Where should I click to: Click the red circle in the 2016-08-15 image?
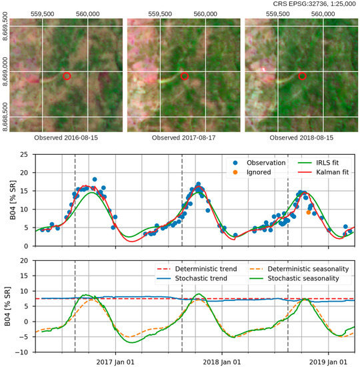67,77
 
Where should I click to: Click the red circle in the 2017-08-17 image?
185,77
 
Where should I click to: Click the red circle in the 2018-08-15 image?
302,76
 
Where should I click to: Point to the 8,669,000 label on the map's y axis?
6,72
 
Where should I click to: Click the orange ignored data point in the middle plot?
308,212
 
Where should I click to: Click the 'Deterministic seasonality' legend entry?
315,269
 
